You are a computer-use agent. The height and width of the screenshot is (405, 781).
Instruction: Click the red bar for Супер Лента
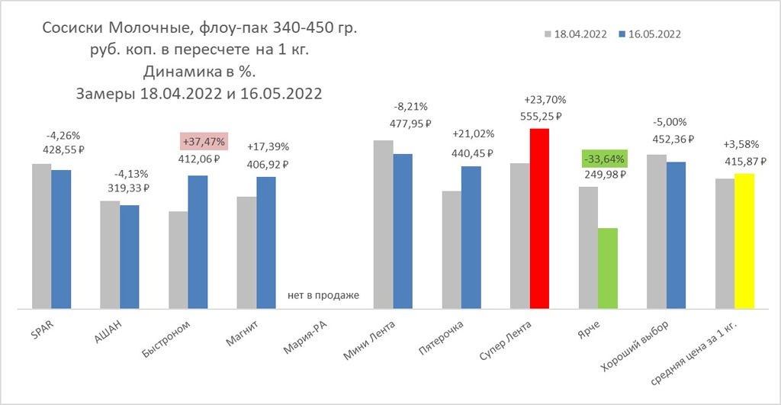coord(539,218)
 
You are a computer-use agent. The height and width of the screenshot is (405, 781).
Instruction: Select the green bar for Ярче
coord(607,268)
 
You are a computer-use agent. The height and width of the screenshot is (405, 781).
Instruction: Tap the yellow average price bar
coord(744,240)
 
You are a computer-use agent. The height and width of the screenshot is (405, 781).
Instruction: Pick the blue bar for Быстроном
coord(197,242)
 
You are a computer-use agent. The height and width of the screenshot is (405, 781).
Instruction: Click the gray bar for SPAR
coord(41,236)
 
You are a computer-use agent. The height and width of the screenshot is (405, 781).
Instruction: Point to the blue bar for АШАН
coord(130,256)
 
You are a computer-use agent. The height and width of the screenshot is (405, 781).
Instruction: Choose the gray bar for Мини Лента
coord(383,224)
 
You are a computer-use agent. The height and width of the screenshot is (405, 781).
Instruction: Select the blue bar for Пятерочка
coord(471,237)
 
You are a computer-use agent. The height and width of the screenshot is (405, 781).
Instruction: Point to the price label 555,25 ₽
coord(542,117)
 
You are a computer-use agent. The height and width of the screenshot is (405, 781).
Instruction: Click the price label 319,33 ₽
coord(125,188)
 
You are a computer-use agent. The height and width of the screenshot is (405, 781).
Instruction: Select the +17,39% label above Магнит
coord(268,146)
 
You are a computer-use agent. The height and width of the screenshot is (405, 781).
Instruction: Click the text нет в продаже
coord(323,294)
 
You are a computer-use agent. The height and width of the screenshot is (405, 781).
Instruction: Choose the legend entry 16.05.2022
coord(651,34)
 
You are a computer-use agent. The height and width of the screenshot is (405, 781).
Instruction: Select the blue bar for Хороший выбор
coord(676,235)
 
